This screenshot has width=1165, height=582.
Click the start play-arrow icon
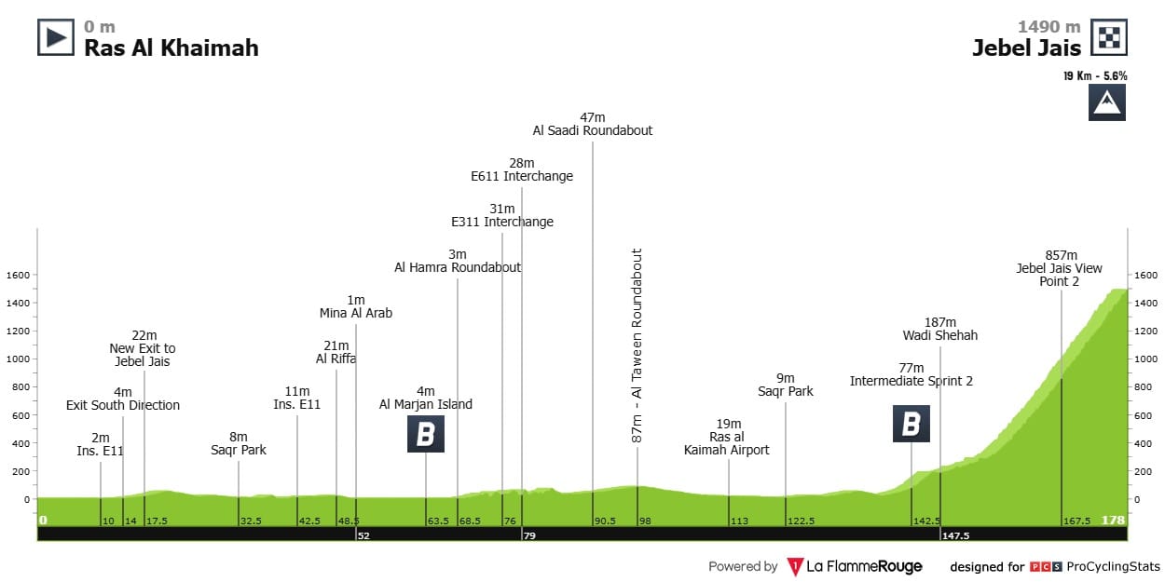(x=56, y=37)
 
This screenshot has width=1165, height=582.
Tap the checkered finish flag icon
(x=1109, y=37)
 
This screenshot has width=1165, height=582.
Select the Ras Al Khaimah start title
(x=171, y=47)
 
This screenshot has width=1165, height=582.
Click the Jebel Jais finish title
(x=1027, y=47)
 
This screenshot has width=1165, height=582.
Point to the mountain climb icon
(x=1107, y=102)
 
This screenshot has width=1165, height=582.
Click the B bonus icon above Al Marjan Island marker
(x=426, y=434)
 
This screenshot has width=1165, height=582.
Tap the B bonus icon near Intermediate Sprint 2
(x=911, y=423)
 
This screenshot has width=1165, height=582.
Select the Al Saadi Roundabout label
(x=593, y=130)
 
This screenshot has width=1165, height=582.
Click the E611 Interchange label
(x=522, y=176)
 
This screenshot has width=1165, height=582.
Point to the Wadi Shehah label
(x=940, y=335)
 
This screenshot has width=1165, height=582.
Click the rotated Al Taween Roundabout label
(x=637, y=345)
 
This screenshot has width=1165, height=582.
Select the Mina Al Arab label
(x=356, y=313)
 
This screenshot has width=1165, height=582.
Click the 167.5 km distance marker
(x=1076, y=521)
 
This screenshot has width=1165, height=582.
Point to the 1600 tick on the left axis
(x=20, y=275)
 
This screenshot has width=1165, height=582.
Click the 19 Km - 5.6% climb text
(x=1095, y=75)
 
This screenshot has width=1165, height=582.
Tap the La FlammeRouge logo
(x=855, y=566)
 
